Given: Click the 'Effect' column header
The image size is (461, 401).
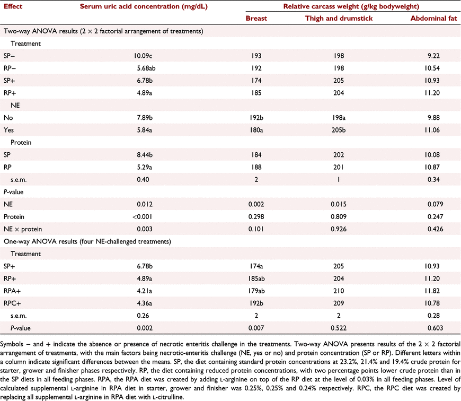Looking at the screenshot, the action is coord(13,6).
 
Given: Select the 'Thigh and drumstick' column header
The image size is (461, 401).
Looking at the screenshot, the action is coord(339,19).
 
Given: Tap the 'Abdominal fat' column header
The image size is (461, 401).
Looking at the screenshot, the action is coord(433,19).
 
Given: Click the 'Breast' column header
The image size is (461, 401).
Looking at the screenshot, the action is coord(256,19).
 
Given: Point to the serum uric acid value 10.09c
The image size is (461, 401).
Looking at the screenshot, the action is coord(143,56).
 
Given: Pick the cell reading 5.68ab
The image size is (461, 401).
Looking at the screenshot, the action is coord(146,68).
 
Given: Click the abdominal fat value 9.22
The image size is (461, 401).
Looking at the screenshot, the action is coord(433,56).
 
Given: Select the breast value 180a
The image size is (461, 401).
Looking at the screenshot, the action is coord(256,130).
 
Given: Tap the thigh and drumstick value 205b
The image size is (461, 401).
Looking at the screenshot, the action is coord(339,130).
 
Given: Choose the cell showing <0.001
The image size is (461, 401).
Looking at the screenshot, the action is coord(143,217).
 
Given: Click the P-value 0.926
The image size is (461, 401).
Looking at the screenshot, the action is coord(339,229).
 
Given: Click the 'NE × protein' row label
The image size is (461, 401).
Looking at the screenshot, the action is coord(23,229).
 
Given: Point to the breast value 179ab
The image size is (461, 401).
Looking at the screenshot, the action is coord(256,291).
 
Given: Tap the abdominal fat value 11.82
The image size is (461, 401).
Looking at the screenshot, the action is coord(432,291).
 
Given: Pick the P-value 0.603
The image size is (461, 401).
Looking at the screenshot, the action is coord(435,328).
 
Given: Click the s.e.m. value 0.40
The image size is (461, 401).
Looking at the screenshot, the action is coord(143,179).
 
